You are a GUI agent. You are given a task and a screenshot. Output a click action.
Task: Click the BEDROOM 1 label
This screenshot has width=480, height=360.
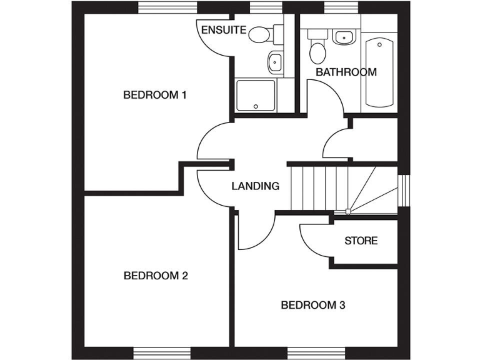click(x=155, y=95)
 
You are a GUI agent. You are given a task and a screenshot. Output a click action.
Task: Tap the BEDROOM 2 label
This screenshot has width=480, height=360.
click(x=156, y=276)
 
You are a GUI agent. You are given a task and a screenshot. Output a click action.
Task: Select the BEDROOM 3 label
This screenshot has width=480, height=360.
click(x=312, y=305)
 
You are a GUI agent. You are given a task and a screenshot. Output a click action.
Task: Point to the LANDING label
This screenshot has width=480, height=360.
click(x=255, y=186)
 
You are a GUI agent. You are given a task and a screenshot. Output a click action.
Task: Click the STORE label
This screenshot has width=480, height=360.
click(x=361, y=241)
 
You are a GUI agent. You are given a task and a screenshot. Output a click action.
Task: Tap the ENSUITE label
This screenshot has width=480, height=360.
click(x=224, y=30)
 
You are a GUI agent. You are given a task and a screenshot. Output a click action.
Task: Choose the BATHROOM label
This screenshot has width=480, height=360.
click(x=346, y=72)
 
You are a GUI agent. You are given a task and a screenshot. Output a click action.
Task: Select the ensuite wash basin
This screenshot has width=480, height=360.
click(x=274, y=62)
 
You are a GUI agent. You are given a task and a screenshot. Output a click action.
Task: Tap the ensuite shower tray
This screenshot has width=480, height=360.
click(x=255, y=94)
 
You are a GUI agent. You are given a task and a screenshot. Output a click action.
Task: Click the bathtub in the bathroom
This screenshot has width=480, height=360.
click(x=379, y=72)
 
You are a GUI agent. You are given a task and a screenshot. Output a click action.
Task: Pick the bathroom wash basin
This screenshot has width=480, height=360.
click(x=342, y=37)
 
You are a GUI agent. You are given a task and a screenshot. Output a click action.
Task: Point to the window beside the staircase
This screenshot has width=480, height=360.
click(x=404, y=189)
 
